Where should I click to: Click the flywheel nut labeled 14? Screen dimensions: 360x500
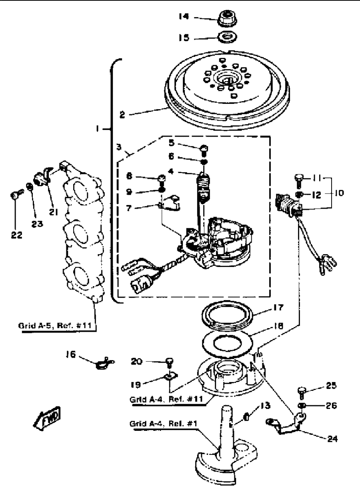(227, 18)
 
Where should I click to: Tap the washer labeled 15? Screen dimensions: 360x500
(227, 37)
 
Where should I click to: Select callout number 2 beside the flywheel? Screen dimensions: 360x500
(122, 115)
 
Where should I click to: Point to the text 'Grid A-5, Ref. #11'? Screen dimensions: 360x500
(55, 326)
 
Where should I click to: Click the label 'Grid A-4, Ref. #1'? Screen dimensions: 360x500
(163, 423)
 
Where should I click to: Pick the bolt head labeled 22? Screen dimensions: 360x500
(14, 195)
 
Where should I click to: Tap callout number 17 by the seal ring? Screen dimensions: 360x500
(278, 308)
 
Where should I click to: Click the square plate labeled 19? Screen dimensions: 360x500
(171, 377)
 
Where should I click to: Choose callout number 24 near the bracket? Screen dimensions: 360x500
(332, 439)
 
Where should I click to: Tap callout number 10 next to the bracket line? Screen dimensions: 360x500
(339, 193)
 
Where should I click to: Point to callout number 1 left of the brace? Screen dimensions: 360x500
(97, 129)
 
